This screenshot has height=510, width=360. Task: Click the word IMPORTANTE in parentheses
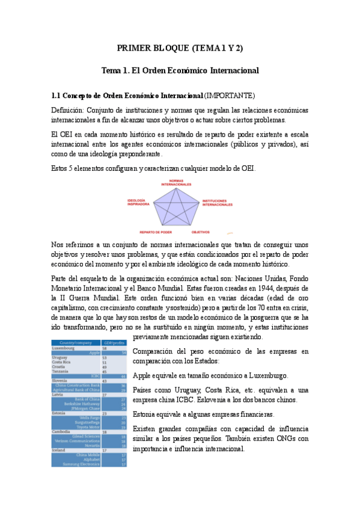tap(230, 96)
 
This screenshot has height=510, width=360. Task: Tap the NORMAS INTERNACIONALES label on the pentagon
tap(176, 182)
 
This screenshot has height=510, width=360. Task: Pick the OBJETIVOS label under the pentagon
tap(201, 232)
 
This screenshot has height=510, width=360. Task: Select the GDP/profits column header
tap(114, 342)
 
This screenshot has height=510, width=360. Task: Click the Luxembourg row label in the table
tap(64, 348)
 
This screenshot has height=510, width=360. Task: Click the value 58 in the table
tap(105, 348)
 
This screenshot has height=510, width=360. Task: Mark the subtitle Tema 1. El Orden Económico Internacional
tap(180, 70)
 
